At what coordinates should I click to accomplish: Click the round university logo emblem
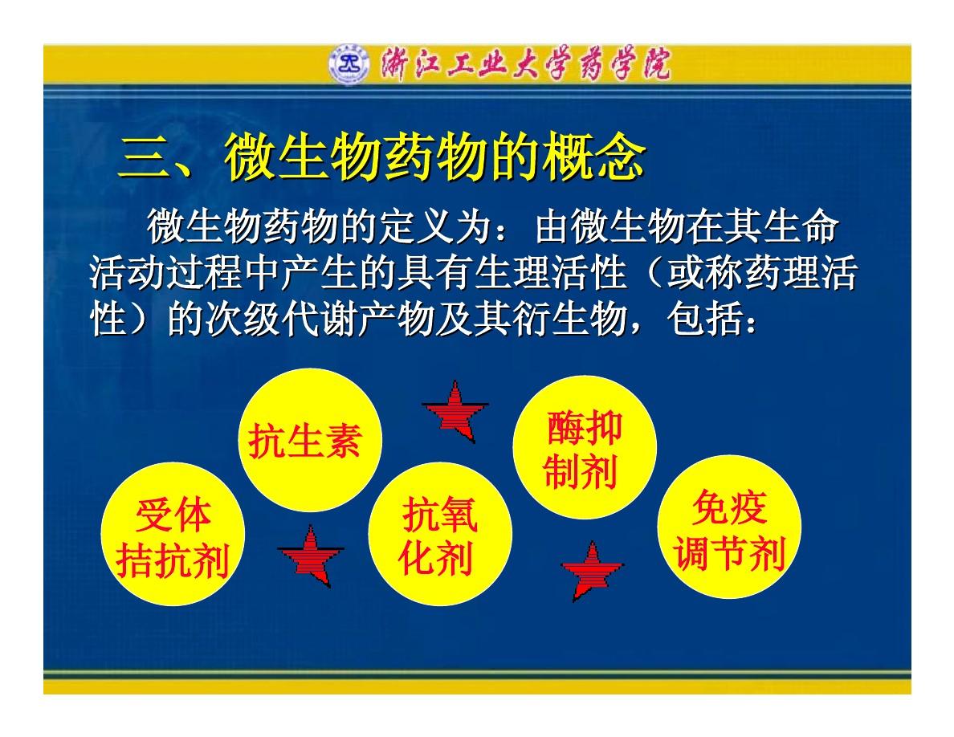[349, 64]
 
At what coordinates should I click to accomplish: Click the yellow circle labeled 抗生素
[310, 440]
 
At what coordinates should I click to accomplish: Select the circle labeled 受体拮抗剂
[173, 534]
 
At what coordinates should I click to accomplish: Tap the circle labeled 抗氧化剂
[440, 534]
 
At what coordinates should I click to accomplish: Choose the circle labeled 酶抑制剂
[585, 447]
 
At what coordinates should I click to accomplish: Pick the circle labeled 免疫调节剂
[729, 527]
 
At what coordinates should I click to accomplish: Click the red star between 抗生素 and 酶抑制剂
[455, 410]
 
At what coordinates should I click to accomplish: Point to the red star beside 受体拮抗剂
[311, 556]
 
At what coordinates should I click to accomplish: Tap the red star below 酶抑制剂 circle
[591, 570]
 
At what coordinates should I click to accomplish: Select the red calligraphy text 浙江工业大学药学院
[526, 64]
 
